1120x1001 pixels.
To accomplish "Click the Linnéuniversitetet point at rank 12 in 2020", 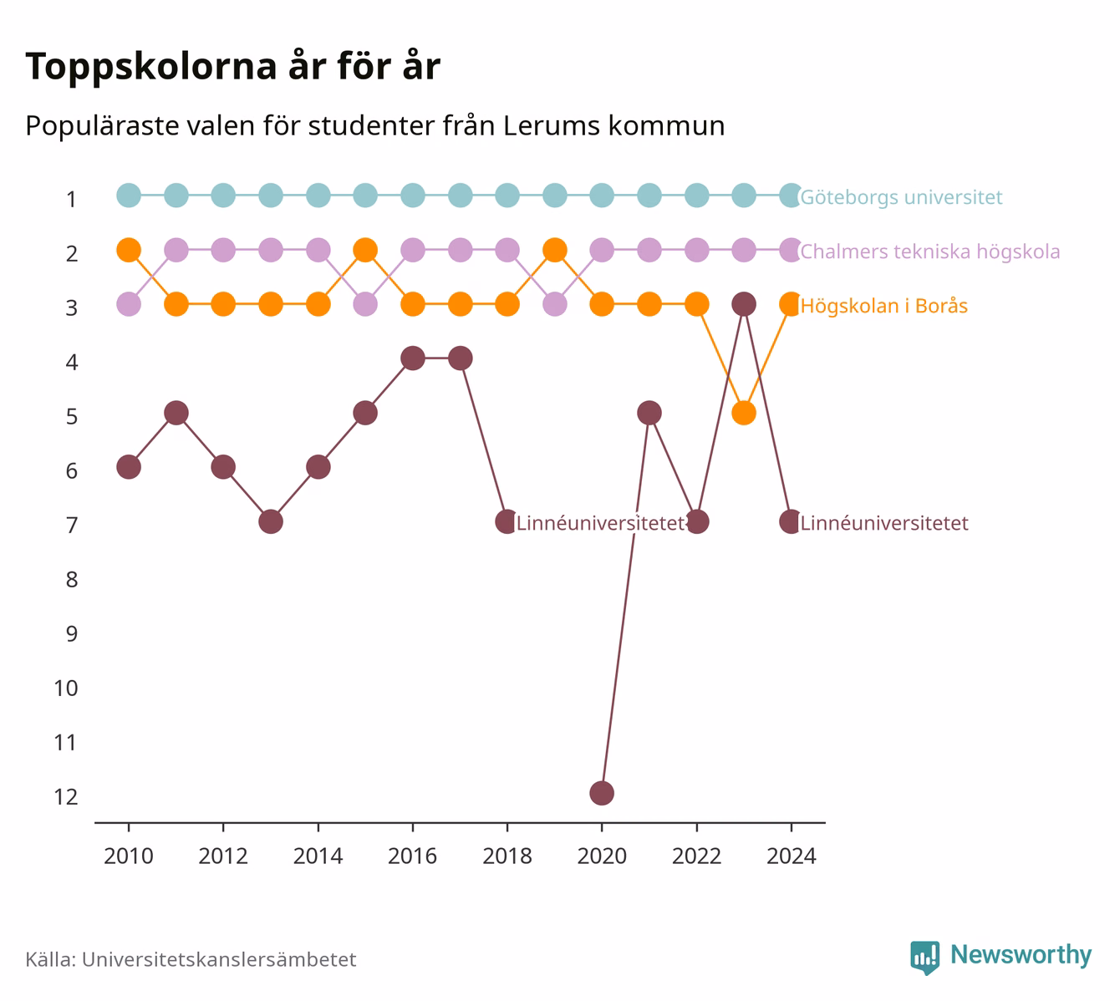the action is [x=602, y=793].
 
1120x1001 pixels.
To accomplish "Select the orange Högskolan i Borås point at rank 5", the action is [x=744, y=413].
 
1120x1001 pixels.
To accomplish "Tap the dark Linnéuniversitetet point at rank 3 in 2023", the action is [x=744, y=304].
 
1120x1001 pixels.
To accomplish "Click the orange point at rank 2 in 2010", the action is [x=129, y=251].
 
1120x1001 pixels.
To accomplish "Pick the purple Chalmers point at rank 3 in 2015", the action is [x=365, y=304].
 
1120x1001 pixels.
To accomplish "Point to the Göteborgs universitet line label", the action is [x=901, y=197].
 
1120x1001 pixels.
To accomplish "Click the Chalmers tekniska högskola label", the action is [x=930, y=252].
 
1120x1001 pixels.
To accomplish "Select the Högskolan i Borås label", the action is [x=884, y=306].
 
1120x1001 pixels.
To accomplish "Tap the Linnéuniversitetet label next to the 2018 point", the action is [x=601, y=523].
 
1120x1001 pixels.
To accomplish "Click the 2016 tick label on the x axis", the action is [x=412, y=856].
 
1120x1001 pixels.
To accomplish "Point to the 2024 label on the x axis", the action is [x=792, y=856].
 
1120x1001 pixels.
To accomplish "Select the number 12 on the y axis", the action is [x=66, y=797].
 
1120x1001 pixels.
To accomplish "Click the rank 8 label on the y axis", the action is [x=72, y=580].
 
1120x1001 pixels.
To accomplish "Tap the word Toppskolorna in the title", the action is [x=151, y=67].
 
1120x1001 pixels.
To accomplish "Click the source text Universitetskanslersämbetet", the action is [x=219, y=959].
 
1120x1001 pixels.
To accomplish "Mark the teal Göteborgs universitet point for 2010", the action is [x=129, y=196].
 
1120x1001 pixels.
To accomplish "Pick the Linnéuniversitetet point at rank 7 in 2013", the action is [x=271, y=521].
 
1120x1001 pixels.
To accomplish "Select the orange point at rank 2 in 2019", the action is [x=555, y=251].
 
